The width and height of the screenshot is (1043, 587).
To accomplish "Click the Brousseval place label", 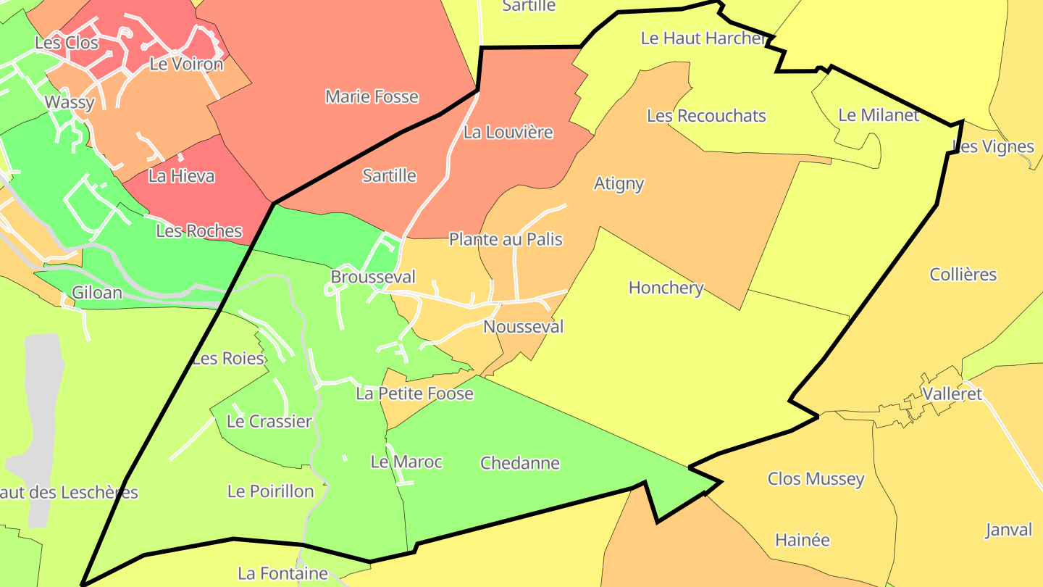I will pyautogui.click(x=373, y=277).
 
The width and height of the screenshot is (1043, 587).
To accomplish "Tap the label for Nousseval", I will pyautogui.click(x=523, y=327).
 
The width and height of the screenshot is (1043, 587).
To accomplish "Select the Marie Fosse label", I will pyautogui.click(x=372, y=96).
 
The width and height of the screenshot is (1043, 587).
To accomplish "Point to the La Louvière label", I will pyautogui.click(x=508, y=133).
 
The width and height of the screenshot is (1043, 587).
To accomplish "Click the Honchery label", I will pyautogui.click(x=666, y=288).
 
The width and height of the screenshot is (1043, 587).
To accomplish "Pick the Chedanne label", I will pyautogui.click(x=520, y=463).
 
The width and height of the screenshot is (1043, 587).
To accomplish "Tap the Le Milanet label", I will pyautogui.click(x=878, y=115).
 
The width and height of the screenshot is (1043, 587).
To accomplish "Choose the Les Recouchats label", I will pyautogui.click(x=705, y=116).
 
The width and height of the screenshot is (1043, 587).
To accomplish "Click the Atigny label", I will pyautogui.click(x=619, y=183).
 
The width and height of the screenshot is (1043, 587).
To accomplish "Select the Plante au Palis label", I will pyautogui.click(x=506, y=239).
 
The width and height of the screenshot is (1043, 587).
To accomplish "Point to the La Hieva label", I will pyautogui.click(x=181, y=175).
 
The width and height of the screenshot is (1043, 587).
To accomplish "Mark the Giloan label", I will pyautogui.click(x=97, y=293).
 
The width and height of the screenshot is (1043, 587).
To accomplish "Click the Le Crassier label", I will pyautogui.click(x=269, y=422).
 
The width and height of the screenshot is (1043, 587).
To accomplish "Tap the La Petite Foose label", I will pyautogui.click(x=414, y=394).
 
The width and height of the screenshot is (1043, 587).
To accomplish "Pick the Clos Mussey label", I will pyautogui.click(x=816, y=479).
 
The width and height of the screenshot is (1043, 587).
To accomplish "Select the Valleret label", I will pyautogui.click(x=952, y=394).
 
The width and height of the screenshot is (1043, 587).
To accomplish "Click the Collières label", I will pyautogui.click(x=963, y=275).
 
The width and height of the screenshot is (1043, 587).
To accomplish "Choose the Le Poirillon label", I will pyautogui.click(x=270, y=491).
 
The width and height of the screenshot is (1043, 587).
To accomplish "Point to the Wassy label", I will pyautogui.click(x=70, y=102).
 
